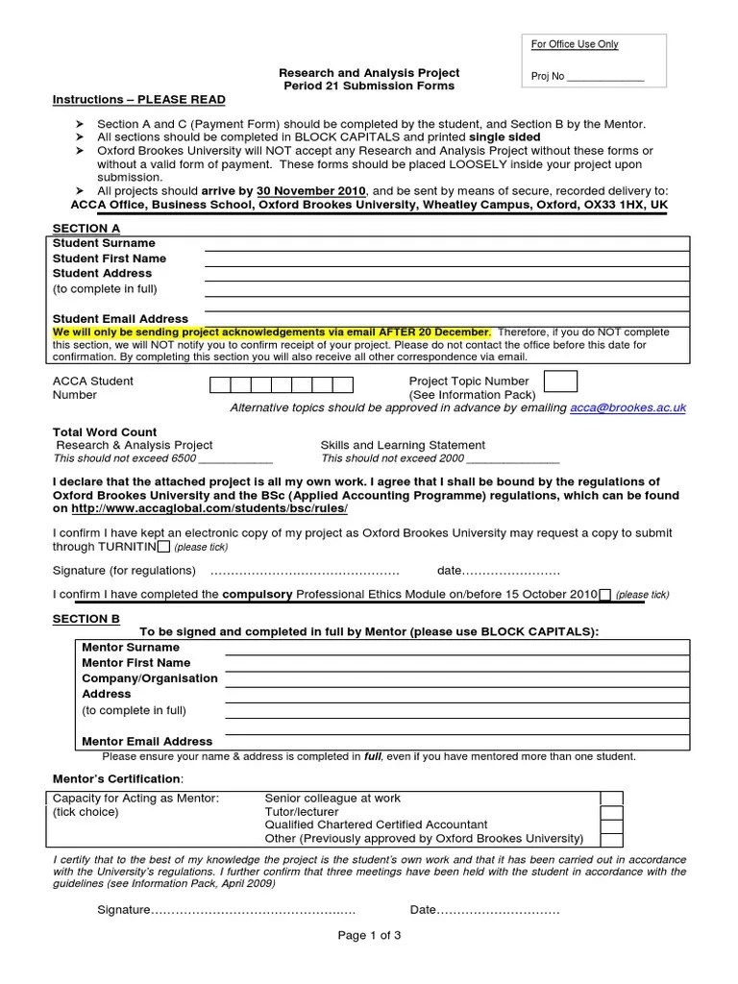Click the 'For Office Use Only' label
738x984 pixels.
point(575,44)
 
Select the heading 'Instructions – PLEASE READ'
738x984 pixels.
point(138,100)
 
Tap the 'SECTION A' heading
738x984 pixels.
point(86,228)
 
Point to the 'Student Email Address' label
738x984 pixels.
point(120,318)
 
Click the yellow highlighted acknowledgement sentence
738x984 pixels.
point(271,332)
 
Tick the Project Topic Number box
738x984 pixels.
point(560,381)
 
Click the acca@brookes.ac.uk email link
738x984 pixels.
point(627,407)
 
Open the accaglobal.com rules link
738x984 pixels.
point(209,507)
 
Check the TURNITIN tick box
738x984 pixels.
point(163,547)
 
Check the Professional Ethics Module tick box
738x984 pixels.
point(604,595)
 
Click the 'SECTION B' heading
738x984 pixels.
point(86,620)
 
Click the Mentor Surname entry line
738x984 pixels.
point(456,648)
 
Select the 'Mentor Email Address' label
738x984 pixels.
point(147,741)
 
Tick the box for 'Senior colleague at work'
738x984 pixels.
point(611,798)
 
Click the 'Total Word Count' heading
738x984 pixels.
point(105,432)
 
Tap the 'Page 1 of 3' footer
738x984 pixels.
point(369,935)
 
